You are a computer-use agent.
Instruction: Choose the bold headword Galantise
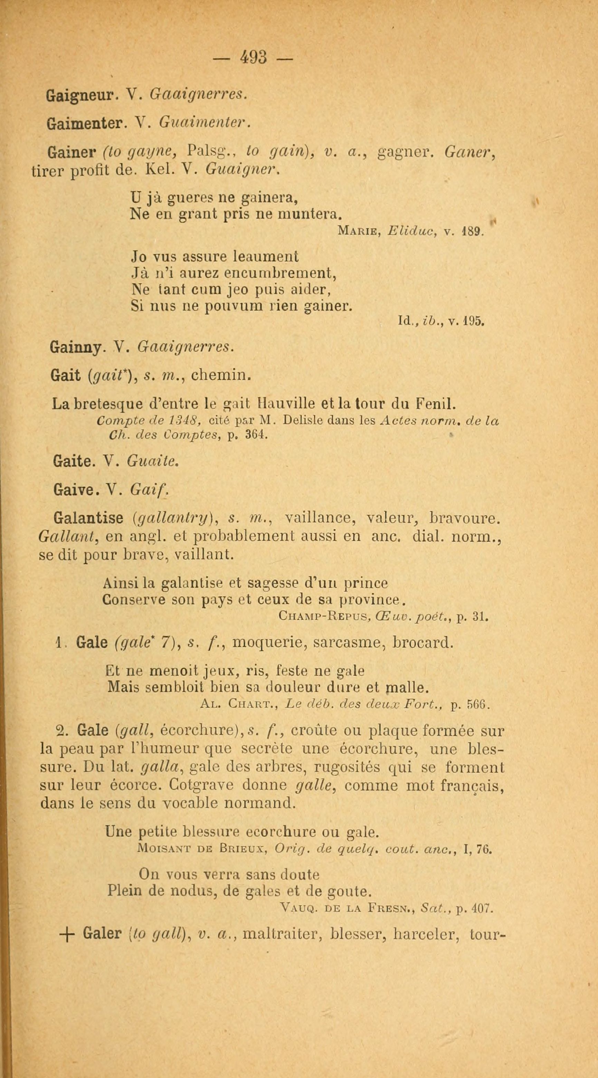[89, 518]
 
